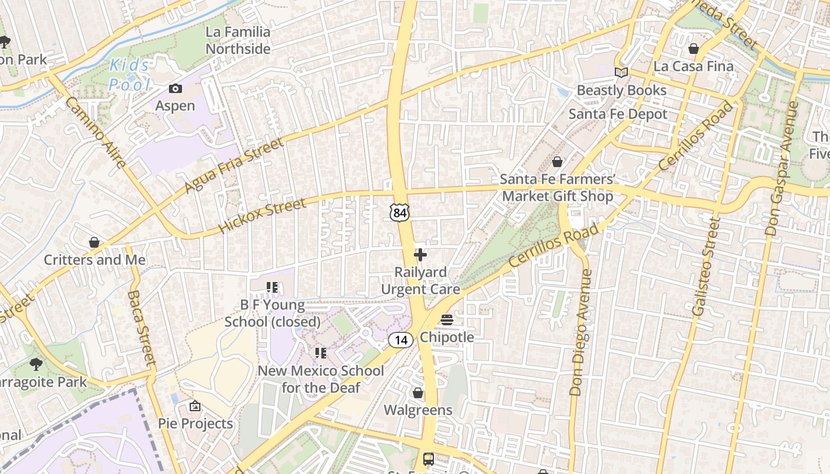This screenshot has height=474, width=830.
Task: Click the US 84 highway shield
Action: pyautogui.click(x=400, y=212)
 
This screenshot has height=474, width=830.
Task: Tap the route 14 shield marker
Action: pyautogui.click(x=401, y=340)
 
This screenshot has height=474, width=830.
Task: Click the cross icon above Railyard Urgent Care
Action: pyautogui.click(x=420, y=255)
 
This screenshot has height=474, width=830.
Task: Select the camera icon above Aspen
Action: pyautogui.click(x=175, y=89)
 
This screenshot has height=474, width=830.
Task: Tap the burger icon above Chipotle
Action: pyautogui.click(x=447, y=321)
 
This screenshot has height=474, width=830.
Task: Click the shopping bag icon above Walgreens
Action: pyautogui.click(x=418, y=393)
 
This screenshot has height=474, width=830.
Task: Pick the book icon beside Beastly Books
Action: pyautogui.click(x=621, y=73)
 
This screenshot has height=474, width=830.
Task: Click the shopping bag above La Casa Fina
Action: pyautogui.click(x=694, y=49)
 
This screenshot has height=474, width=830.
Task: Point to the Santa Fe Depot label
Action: pyautogui.click(x=618, y=114)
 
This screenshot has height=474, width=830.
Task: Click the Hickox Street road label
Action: pyautogui.click(x=262, y=215)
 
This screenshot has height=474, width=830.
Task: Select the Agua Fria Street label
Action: pyautogui.click(x=234, y=166)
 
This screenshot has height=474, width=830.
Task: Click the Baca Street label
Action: pyautogui.click(x=141, y=328)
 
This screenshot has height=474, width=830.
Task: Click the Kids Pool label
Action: pyautogui.click(x=130, y=75)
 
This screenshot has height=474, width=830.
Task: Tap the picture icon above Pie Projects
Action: pyautogui.click(x=195, y=406)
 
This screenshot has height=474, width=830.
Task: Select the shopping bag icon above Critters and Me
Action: pyautogui.click(x=94, y=242)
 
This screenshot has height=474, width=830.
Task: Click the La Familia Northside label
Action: pyautogui.click(x=238, y=40)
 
